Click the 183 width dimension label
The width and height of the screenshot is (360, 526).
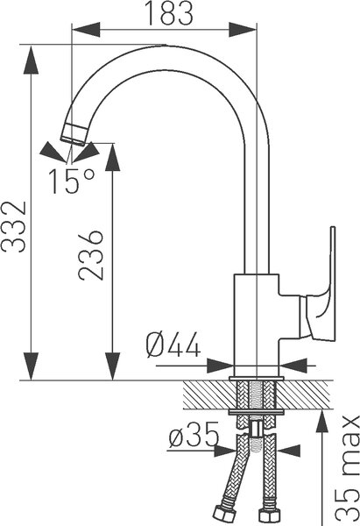(x=170, y=13)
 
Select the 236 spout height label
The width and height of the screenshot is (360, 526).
(x=90, y=255)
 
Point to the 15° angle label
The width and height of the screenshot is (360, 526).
(x=72, y=181)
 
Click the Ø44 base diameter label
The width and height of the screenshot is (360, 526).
(x=173, y=345)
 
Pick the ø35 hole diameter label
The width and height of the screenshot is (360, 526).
(x=194, y=435)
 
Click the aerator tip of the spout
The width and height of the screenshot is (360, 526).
(x=74, y=134)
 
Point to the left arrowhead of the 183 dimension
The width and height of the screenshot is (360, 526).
(x=86, y=30)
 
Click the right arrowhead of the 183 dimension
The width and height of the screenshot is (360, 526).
(x=243, y=30)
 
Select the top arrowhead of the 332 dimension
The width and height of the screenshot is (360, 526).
(x=32, y=59)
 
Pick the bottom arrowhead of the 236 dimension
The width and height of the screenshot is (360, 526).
(x=113, y=366)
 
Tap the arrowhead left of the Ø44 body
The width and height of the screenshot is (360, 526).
(x=220, y=366)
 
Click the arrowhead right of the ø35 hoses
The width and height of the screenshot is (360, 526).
(x=288, y=451)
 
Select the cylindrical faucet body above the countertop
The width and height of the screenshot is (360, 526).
(x=257, y=324)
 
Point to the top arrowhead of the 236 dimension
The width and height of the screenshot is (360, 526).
(x=113, y=157)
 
